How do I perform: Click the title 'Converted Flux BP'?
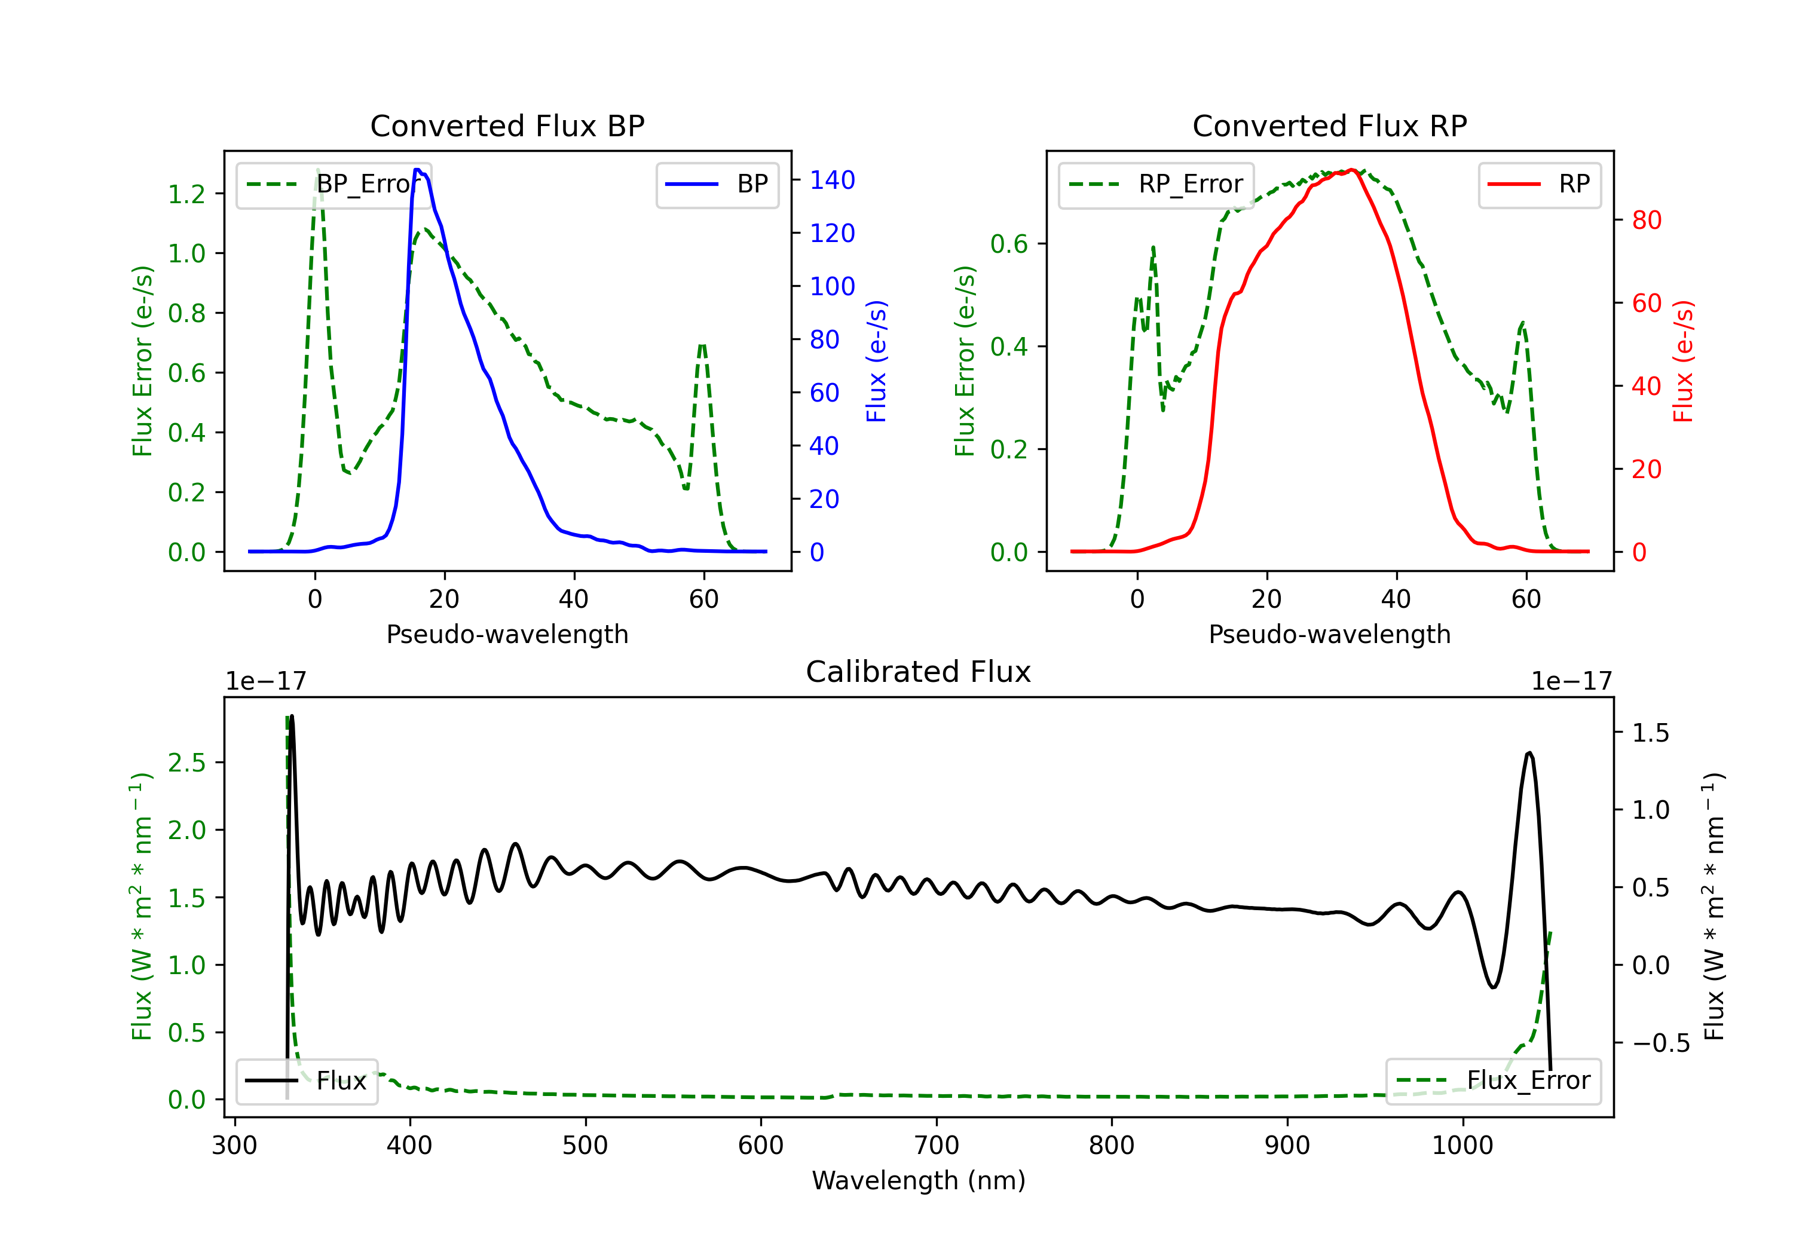pyautogui.click(x=507, y=125)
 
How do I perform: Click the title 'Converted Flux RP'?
pyautogui.click(x=1329, y=125)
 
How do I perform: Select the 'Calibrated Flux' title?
pyautogui.click(x=919, y=672)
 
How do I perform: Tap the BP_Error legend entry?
pyautogui.click(x=333, y=184)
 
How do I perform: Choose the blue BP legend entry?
pyautogui.click(x=717, y=184)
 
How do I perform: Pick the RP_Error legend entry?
pyautogui.click(x=1156, y=184)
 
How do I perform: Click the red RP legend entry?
pyautogui.click(x=1539, y=184)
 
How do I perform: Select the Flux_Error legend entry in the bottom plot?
pyautogui.click(x=1493, y=1081)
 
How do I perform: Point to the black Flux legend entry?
pyautogui.click(x=306, y=1081)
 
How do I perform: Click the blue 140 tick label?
pyautogui.click(x=833, y=180)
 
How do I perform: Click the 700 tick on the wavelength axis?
pyautogui.click(x=937, y=1146)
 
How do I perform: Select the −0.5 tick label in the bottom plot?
pyautogui.click(x=1661, y=1043)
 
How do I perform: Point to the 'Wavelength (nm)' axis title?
pyautogui.click(x=919, y=1181)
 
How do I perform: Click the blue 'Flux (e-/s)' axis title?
pyautogui.click(x=876, y=361)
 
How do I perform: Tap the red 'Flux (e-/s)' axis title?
pyautogui.click(x=1683, y=361)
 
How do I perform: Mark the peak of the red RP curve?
pyautogui.click(x=1352, y=170)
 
